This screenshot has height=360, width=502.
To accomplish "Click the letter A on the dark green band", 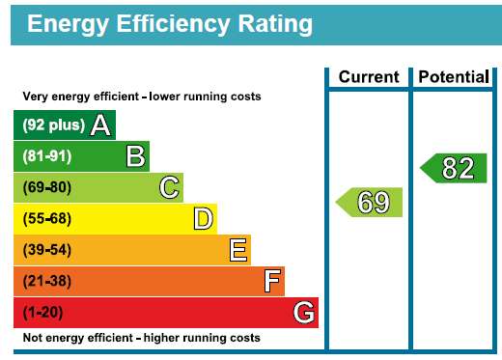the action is tap(100, 125).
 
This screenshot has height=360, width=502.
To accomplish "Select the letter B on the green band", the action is tap(135, 156).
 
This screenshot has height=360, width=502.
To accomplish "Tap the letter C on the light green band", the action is tap(169, 187).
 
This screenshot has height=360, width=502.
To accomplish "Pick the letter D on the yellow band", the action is tap(204, 219).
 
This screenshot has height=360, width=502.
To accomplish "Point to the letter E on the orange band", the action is tap(238, 250).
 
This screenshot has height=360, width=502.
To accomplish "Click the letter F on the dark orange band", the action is tap(272, 281).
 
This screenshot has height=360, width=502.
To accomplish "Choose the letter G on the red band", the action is tap(304, 312).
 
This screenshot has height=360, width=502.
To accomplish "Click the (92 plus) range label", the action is tap(54, 125).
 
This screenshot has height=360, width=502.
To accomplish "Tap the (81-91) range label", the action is tap(47, 156).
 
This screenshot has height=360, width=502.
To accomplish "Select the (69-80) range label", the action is tap(47, 187).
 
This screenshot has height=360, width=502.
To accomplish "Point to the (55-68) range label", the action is tap(47, 219).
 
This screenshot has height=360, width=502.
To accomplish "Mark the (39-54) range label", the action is tap(47, 250).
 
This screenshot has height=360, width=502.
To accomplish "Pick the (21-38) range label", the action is tap(47, 281).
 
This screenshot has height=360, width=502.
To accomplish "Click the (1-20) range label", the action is tap(42, 313).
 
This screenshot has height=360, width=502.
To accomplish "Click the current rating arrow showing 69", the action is tap(369, 203).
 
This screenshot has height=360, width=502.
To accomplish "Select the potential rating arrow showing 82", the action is tap(454, 168).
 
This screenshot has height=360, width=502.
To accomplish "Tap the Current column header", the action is tap(369, 77).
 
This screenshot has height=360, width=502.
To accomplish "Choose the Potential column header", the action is tap(454, 77).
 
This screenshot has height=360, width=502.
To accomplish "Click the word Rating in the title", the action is tap(275, 25).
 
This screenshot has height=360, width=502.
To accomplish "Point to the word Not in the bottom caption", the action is tap(33, 338).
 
